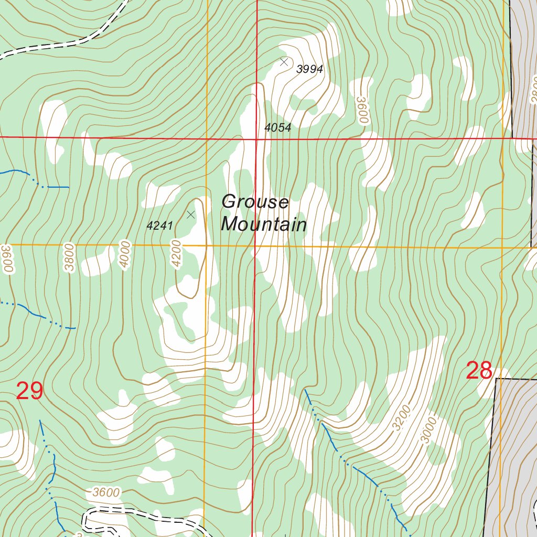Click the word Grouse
(255, 202)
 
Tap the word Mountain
(264, 225)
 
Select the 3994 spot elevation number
(309, 69)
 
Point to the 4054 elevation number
(277, 127)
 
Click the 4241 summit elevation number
(160, 226)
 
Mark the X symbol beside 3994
(284, 62)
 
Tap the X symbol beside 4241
(191, 214)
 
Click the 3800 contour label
(70, 257)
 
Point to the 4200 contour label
(176, 254)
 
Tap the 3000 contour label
(428, 430)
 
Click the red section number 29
(29, 391)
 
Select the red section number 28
(479, 371)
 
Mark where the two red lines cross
(256, 139)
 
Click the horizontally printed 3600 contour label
(105, 493)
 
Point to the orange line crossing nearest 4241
(207, 245)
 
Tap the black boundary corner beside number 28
(496, 379)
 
